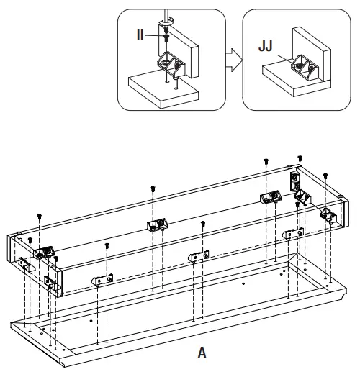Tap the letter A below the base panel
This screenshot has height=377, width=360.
click(202, 353)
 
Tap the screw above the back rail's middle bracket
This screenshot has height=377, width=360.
click(153, 190)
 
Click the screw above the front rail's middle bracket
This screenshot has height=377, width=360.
click(203, 224)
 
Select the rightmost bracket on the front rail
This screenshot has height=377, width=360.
click(294, 233)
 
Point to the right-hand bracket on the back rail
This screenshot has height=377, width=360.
click(271, 198)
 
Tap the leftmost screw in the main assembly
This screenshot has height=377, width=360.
click(39, 217)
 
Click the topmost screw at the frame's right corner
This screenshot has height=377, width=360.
click(300, 159)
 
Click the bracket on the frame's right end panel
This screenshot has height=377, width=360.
click(330, 214)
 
